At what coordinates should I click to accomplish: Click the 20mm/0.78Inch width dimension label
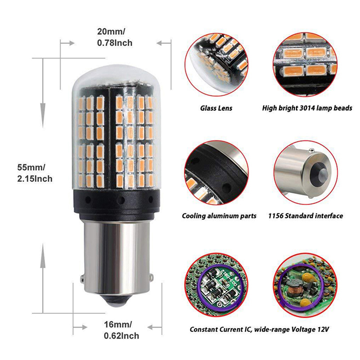click(115, 37)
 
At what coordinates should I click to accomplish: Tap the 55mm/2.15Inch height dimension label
click(35, 173)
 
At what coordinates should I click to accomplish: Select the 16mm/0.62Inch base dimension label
click(121, 330)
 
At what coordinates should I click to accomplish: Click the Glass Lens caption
click(216, 108)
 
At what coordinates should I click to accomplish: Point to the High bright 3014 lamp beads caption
click(307, 108)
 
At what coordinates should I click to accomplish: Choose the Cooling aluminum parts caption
click(219, 216)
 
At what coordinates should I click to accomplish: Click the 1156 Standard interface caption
click(306, 216)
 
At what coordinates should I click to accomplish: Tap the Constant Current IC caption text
click(259, 329)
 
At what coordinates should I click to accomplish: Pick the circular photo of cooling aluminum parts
click(216, 173)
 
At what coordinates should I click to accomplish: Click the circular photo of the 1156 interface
click(306, 173)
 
